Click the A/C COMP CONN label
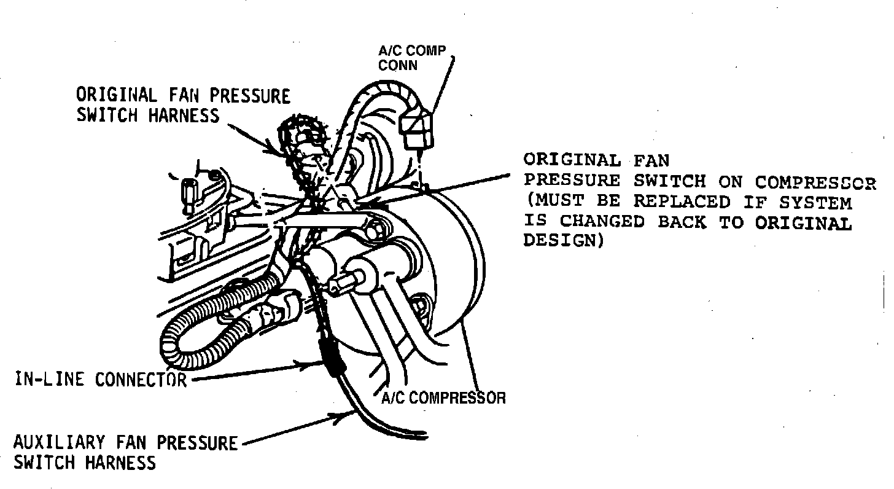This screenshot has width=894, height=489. click(411, 58)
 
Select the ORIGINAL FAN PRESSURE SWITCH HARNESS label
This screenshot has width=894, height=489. click(183, 105)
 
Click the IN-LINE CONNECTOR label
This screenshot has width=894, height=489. click(100, 379)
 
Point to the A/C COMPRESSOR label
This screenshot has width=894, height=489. click(443, 398)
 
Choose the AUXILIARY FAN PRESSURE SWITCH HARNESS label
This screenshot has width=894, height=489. click(125, 452)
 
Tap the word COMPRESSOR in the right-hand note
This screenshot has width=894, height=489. click(815, 182)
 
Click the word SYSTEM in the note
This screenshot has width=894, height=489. click(815, 202)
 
